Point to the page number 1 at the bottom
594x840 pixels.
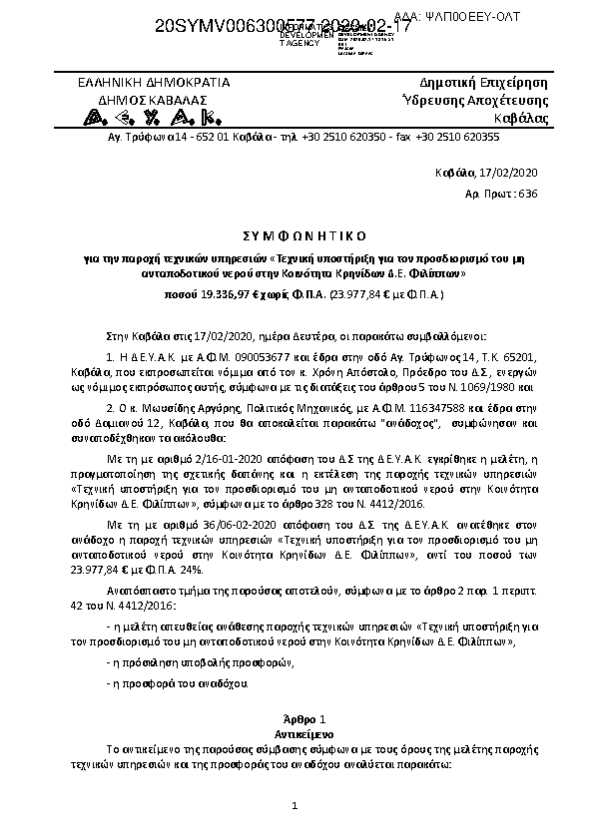(x=297, y=805)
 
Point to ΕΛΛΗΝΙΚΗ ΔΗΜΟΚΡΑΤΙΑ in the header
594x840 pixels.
(x=155, y=83)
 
